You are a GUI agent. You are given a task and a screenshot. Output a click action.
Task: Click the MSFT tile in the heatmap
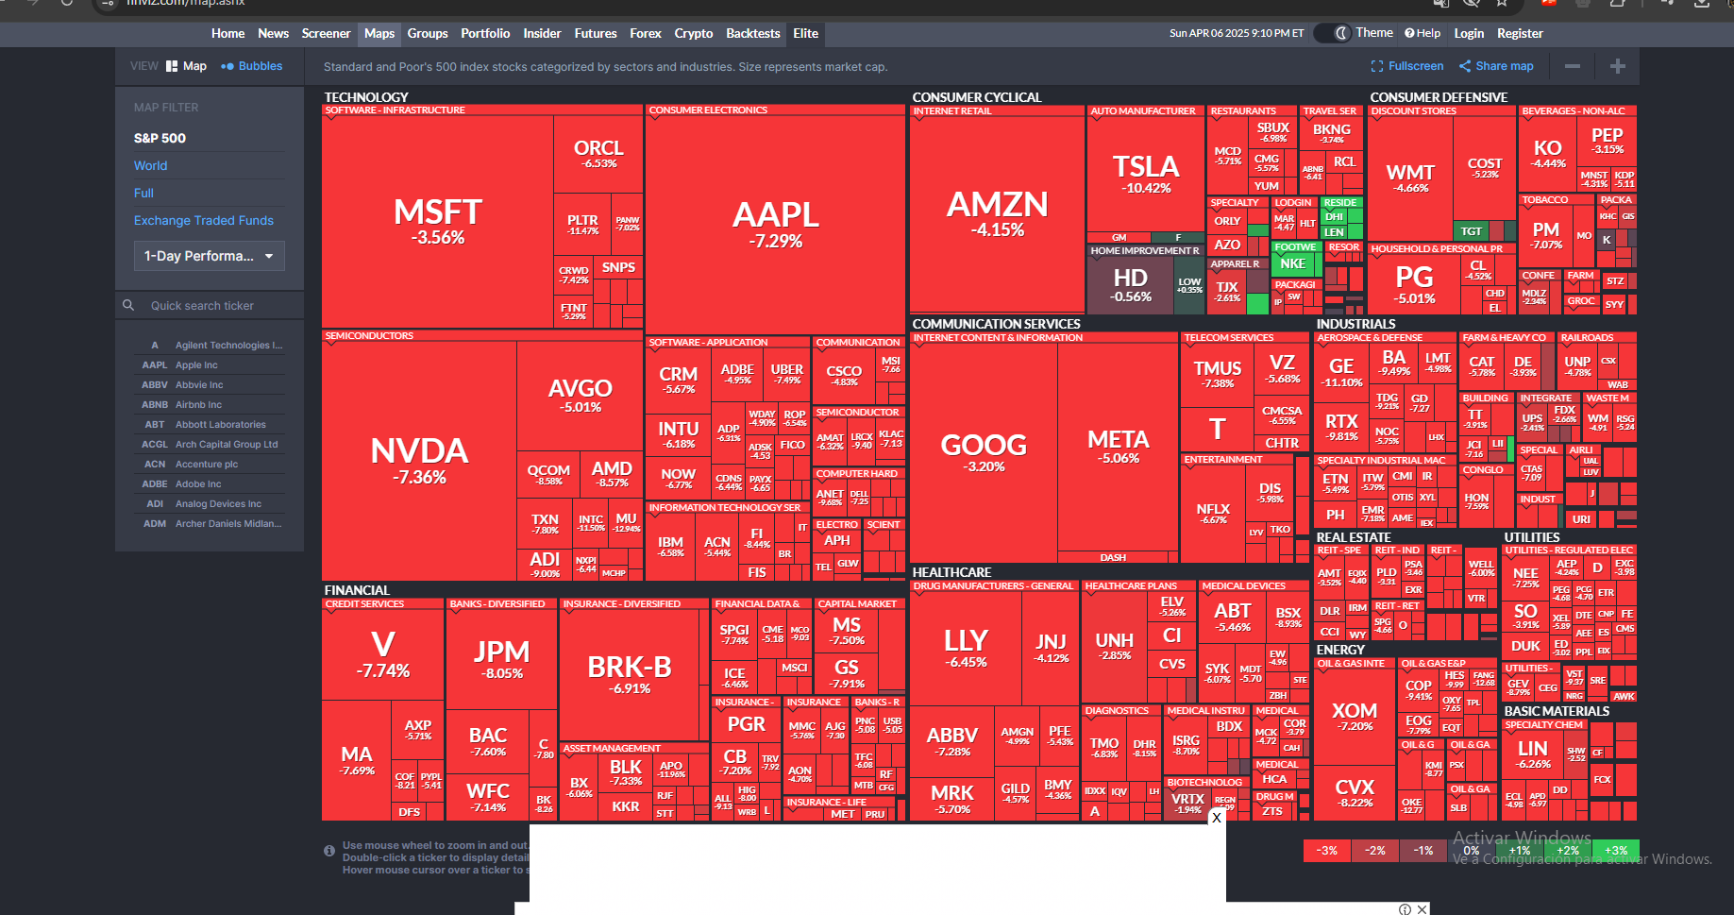coord(437,221)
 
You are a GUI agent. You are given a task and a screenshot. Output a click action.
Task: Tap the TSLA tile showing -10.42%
coord(1146,174)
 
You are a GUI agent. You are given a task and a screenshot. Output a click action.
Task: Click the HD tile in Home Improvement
coord(1131,284)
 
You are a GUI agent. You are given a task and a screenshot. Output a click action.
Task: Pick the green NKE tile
coord(1293,264)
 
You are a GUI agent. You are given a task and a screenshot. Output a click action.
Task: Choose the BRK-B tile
coord(630,674)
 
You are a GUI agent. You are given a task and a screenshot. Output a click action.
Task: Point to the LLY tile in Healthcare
coord(966,648)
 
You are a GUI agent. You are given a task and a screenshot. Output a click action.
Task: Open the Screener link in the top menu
coord(326,33)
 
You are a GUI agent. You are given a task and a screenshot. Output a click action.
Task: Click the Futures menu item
coord(596,33)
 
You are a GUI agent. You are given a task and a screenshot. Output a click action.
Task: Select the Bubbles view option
coord(252,66)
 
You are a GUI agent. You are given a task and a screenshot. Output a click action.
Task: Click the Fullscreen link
coord(1407,66)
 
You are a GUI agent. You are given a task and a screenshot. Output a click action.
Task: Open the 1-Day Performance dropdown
coord(209,256)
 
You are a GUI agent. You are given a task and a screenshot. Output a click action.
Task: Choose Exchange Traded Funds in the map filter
coord(204,220)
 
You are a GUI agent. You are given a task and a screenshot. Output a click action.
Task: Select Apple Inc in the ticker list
coord(196,365)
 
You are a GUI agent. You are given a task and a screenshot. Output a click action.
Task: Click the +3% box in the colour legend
coord(1616,851)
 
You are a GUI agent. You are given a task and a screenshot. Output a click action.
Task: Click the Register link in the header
coord(1520,33)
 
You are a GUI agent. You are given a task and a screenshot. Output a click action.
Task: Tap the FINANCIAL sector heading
coord(357,590)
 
